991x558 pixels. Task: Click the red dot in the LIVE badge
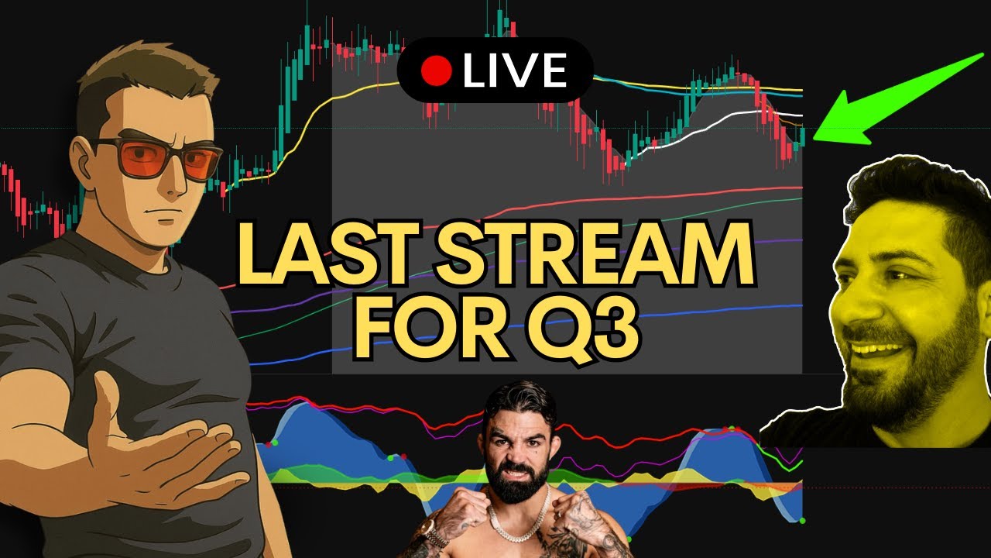(x=436, y=71)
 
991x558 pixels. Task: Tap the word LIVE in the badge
(x=515, y=71)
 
